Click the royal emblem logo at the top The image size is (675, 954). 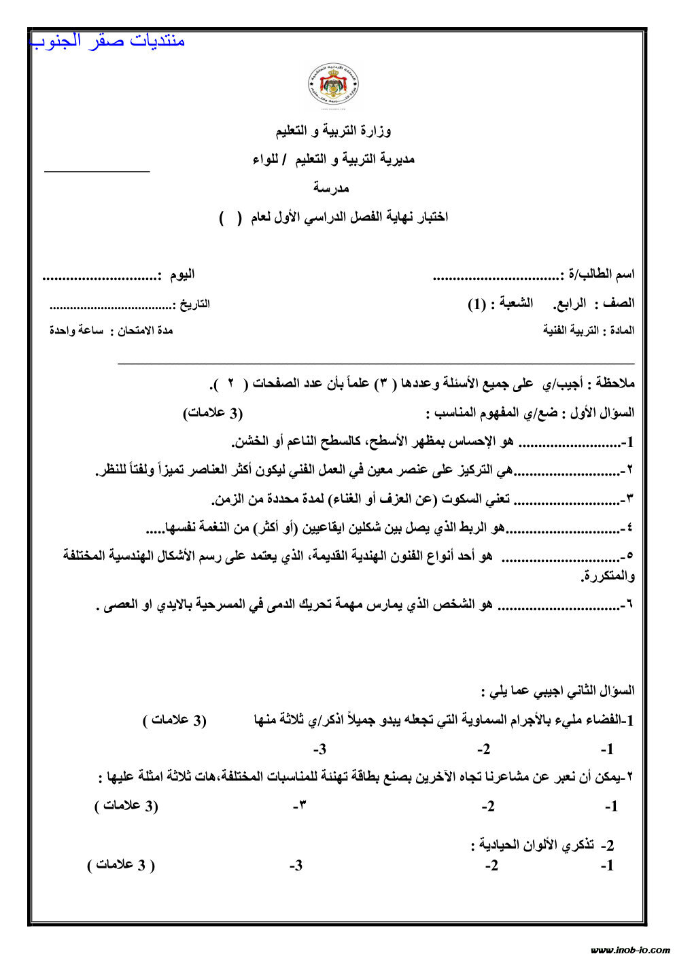pos(332,86)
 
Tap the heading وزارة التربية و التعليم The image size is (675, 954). pos(333,130)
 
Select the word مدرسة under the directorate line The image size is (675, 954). pos(331,188)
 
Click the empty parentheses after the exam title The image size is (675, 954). pos(230,217)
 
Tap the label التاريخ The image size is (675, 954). pos(194,304)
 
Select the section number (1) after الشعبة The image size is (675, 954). pos(477,304)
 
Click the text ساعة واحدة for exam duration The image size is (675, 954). pos(77,330)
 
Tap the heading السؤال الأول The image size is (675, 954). pos(606,412)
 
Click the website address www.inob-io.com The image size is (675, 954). pos(629,949)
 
